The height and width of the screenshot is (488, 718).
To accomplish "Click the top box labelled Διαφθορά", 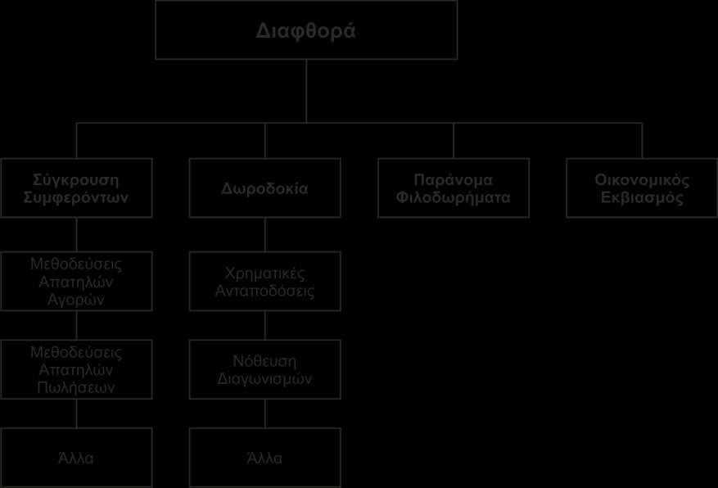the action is [x=306, y=29].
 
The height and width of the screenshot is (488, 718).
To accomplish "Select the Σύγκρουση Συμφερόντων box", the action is [x=76, y=188].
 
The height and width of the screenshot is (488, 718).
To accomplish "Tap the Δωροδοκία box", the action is [x=265, y=188].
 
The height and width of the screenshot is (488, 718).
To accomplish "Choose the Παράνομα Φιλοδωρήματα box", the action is [x=454, y=188].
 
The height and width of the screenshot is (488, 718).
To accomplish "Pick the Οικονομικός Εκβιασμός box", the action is [x=642, y=188].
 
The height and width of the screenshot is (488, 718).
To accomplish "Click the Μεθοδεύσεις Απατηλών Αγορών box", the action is [x=76, y=281].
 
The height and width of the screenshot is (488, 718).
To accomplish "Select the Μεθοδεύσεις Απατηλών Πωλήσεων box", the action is [x=76, y=369].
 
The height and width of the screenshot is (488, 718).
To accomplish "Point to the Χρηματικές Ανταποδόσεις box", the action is [x=265, y=281].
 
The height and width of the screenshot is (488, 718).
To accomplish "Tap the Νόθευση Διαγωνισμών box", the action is [x=265, y=369].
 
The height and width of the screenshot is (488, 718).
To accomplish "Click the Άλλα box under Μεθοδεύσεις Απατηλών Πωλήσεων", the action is [x=76, y=458].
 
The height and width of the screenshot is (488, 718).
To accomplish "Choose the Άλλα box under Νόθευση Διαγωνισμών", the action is [x=265, y=458].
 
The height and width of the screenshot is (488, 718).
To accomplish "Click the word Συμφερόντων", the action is [x=76, y=198].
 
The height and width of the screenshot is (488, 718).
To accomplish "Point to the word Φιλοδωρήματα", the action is [x=454, y=198].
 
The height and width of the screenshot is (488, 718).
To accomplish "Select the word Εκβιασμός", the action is [x=642, y=198].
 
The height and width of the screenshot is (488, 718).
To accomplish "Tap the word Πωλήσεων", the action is [x=76, y=388].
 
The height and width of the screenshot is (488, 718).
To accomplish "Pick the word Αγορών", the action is [x=76, y=300].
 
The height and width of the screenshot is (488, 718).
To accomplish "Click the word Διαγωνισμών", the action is [x=264, y=379].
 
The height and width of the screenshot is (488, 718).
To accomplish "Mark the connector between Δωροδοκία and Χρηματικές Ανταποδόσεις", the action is [x=265, y=234].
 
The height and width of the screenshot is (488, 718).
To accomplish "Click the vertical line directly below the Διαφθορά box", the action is [x=306, y=91].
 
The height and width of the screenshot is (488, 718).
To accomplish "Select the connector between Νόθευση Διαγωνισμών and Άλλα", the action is [x=265, y=413].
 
